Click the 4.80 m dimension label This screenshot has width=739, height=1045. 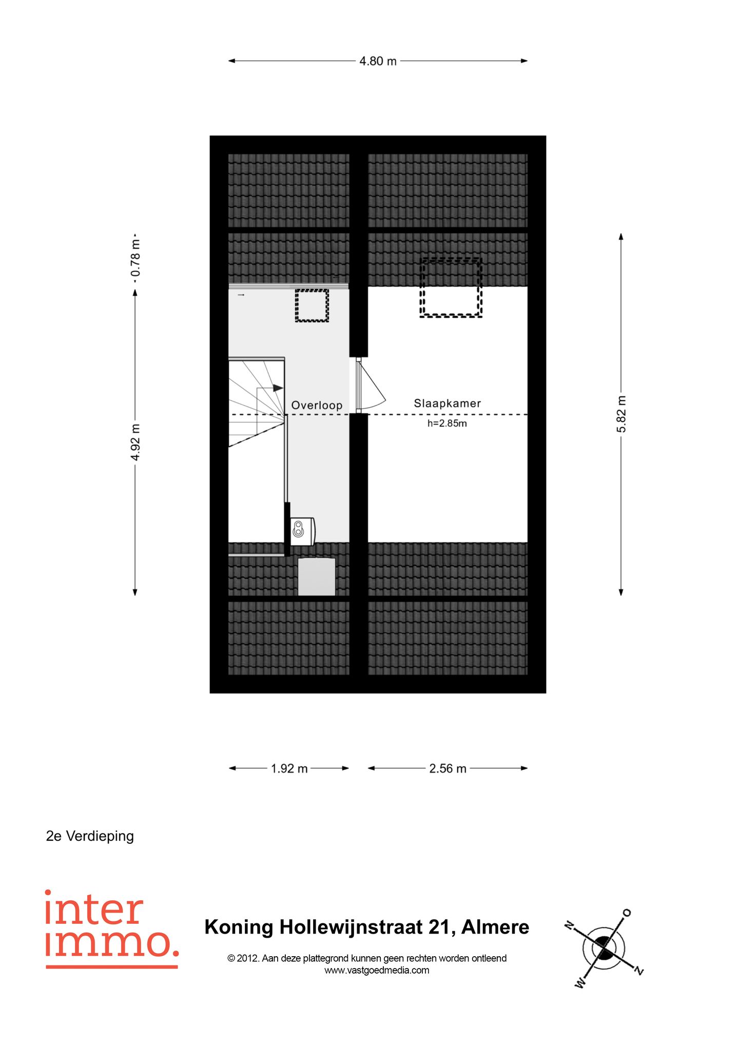coord(378,61)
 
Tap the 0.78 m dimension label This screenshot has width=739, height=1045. coord(135,257)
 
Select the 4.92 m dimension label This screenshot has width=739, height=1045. coord(135,442)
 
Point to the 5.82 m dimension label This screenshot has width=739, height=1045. coord(621,414)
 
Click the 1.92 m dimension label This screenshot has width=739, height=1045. coord(289,768)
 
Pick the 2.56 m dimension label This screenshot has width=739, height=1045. coord(448,768)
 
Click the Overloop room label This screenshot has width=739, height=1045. coord(317,405)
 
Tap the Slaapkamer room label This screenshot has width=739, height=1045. coord(448,403)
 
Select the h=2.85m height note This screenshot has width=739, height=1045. coord(447,423)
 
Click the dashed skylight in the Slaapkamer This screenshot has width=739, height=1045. coord(451,287)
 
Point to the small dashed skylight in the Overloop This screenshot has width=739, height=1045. coord(312,305)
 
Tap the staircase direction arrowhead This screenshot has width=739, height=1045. coord(278,388)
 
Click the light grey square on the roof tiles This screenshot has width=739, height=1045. coord(317,576)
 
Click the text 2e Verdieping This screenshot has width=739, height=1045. coord(90,836)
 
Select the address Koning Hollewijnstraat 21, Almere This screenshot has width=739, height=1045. coord(366,927)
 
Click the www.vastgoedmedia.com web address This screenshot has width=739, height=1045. coord(377,970)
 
